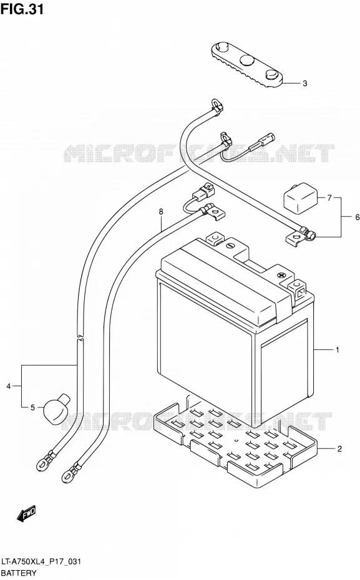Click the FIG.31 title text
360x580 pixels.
pos(22,9)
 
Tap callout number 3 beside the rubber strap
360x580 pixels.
pos(305,84)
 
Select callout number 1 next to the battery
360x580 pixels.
pos(337,349)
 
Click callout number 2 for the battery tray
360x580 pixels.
pos(339,449)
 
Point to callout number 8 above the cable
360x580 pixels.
pos(161,211)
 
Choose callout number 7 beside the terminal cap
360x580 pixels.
pos(329,198)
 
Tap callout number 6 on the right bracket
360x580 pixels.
pos(357,217)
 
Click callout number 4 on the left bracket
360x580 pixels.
pos(9,387)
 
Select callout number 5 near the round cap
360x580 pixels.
pos(32,408)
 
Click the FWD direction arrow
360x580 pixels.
pos(27,513)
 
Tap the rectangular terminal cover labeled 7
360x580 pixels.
pos(300,196)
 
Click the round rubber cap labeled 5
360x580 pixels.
pos(56,408)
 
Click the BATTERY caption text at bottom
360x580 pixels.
pos(19,573)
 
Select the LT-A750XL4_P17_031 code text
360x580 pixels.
pos(41,562)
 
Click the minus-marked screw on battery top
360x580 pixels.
pos(230,245)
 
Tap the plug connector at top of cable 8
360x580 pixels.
pos(203,191)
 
